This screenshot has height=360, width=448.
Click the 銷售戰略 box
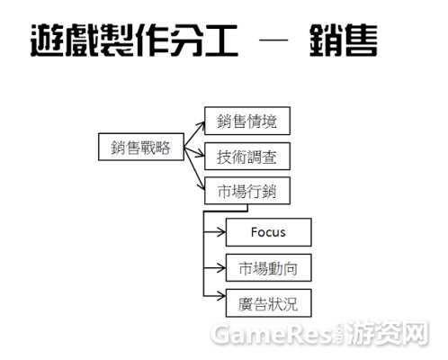tap(141, 147)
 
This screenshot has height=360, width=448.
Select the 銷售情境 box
tap(247, 121)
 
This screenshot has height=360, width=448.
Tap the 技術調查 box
tap(247, 157)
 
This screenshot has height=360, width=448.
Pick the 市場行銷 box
tap(247, 191)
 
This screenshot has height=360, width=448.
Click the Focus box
tap(269, 232)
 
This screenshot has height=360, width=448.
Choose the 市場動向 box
tap(269, 267)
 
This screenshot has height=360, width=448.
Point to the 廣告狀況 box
tap(269, 303)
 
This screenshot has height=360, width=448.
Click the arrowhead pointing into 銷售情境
tap(202, 124)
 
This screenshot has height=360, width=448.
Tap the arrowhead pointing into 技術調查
tap(201, 155)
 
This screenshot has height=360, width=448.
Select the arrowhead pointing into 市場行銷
tap(202, 186)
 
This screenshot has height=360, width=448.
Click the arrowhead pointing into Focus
tap(222, 232)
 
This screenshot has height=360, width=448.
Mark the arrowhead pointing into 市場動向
tap(222, 267)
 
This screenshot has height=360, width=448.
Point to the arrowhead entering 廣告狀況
tap(222, 296)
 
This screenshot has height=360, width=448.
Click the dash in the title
tap(273, 40)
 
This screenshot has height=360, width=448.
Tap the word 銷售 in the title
tap(344, 40)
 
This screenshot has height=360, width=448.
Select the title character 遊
tap(48, 40)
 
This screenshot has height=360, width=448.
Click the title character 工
tap(222, 40)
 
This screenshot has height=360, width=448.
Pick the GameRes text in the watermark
tap(271, 334)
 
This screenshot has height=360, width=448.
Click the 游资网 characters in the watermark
tap(389, 333)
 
